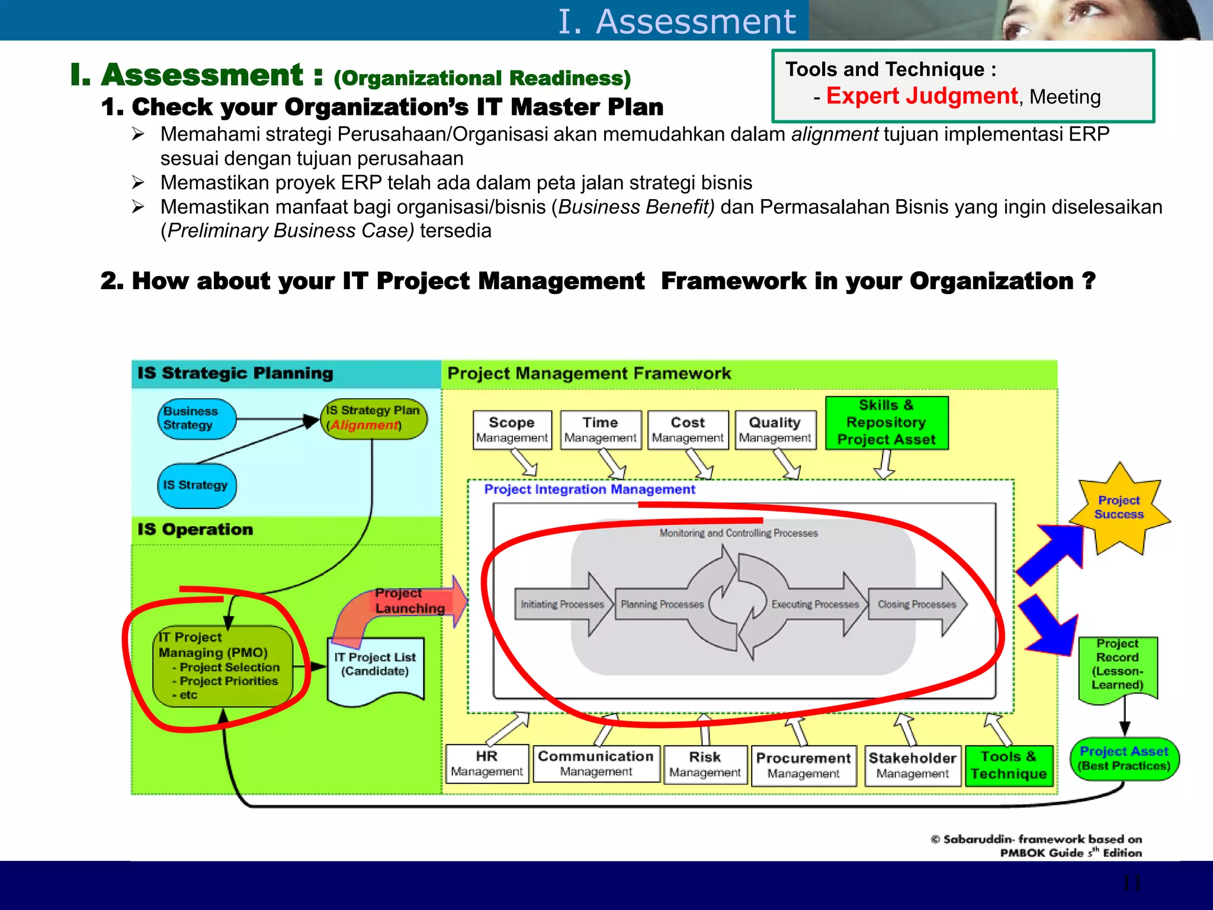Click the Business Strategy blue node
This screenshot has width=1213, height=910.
pyautogui.click(x=197, y=419)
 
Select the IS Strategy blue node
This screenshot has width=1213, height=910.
pyautogui.click(x=197, y=486)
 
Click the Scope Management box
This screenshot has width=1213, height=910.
pyautogui.click(x=512, y=430)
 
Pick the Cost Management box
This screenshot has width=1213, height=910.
pyautogui.click(x=688, y=430)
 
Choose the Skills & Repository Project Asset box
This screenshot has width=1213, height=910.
pyautogui.click(x=887, y=423)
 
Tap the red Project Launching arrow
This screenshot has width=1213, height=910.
pyautogui.click(x=409, y=604)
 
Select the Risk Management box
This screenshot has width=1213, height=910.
pyautogui.click(x=705, y=765)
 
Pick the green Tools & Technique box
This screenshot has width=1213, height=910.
pyautogui.click(x=1009, y=765)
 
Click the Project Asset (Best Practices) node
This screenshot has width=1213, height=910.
pyautogui.click(x=1124, y=759)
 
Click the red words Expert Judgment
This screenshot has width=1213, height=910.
pyautogui.click(x=922, y=96)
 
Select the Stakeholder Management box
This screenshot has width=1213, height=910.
pyautogui.click(x=912, y=765)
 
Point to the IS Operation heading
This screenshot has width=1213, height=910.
pyautogui.click(x=195, y=529)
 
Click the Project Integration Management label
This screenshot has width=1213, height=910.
pyautogui.click(x=589, y=489)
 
